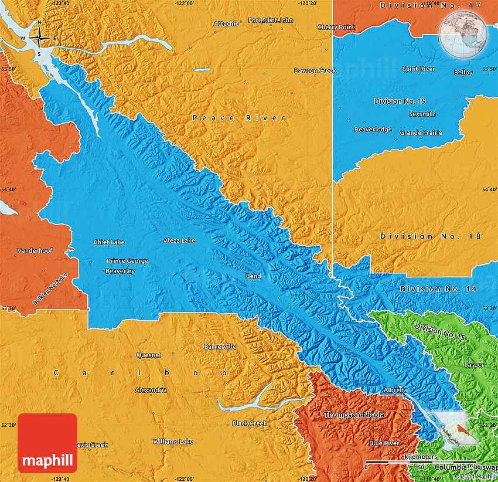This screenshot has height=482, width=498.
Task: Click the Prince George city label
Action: (127, 261)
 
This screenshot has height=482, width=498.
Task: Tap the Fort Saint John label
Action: (270, 20)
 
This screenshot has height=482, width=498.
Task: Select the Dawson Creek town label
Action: (315, 70)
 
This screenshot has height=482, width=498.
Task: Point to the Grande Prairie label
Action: (421, 133)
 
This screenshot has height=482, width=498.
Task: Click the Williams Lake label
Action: (173, 441)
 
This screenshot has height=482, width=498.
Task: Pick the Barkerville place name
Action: (220, 347)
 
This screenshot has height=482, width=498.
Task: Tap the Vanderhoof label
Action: (35, 250)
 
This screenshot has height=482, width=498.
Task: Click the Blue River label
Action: (384, 443)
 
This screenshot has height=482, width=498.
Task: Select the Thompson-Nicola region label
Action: (354, 415)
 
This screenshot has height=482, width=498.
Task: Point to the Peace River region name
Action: (239, 118)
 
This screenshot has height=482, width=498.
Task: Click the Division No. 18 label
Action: (430, 236)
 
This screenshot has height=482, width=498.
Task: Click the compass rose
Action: (39, 38)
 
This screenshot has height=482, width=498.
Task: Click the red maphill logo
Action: (47, 443)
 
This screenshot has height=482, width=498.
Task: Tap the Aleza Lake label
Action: (179, 240)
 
